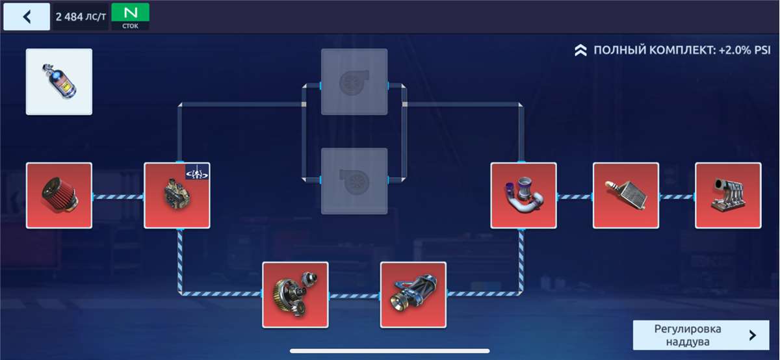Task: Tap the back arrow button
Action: [x=27, y=17]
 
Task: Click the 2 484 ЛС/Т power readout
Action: [x=81, y=17]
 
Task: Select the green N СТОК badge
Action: [x=130, y=16]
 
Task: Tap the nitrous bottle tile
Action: [x=59, y=82]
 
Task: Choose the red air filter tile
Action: [x=59, y=196]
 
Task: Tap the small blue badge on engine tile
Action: [x=198, y=172]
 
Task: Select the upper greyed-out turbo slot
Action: [x=354, y=82]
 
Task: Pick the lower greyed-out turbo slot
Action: [x=354, y=181]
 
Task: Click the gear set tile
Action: [x=295, y=294]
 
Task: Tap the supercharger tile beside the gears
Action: [x=413, y=294]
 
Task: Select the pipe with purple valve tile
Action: [x=523, y=196]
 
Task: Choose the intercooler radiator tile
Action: [x=626, y=196]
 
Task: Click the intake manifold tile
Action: [x=728, y=196]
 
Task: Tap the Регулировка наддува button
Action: [x=682, y=335]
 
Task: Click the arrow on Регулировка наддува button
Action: [x=752, y=335]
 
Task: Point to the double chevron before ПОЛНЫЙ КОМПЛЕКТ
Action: [x=581, y=50]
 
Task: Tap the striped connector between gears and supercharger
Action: [x=354, y=296]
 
